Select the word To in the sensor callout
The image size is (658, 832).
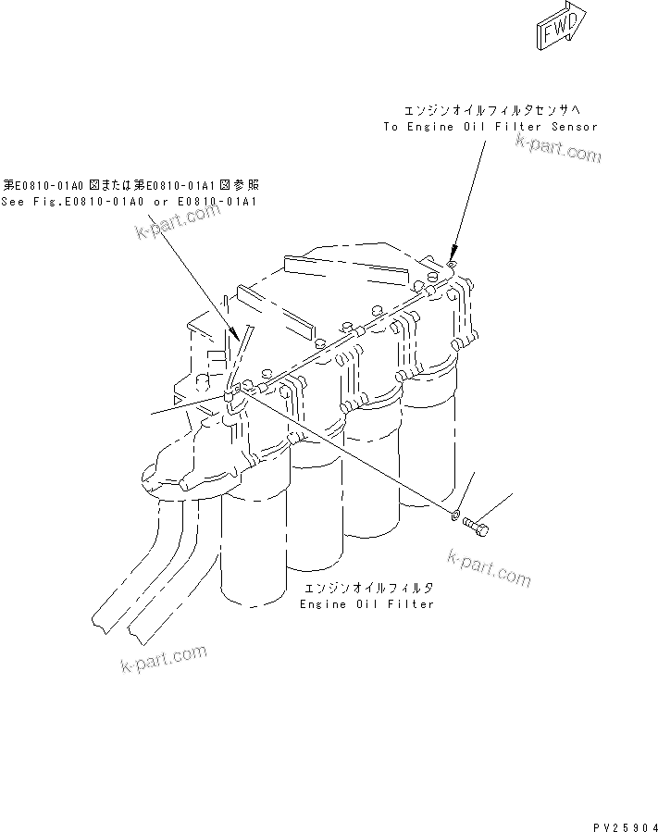pyautogui.click(x=391, y=126)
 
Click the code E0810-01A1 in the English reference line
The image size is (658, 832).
pyautogui.click(x=220, y=201)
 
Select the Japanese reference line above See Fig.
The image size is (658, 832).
pyautogui.click(x=129, y=184)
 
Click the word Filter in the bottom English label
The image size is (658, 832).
pyautogui.click(x=412, y=603)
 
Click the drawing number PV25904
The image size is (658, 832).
pyautogui.click(x=619, y=820)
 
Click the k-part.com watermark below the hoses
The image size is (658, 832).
pyautogui.click(x=164, y=659)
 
